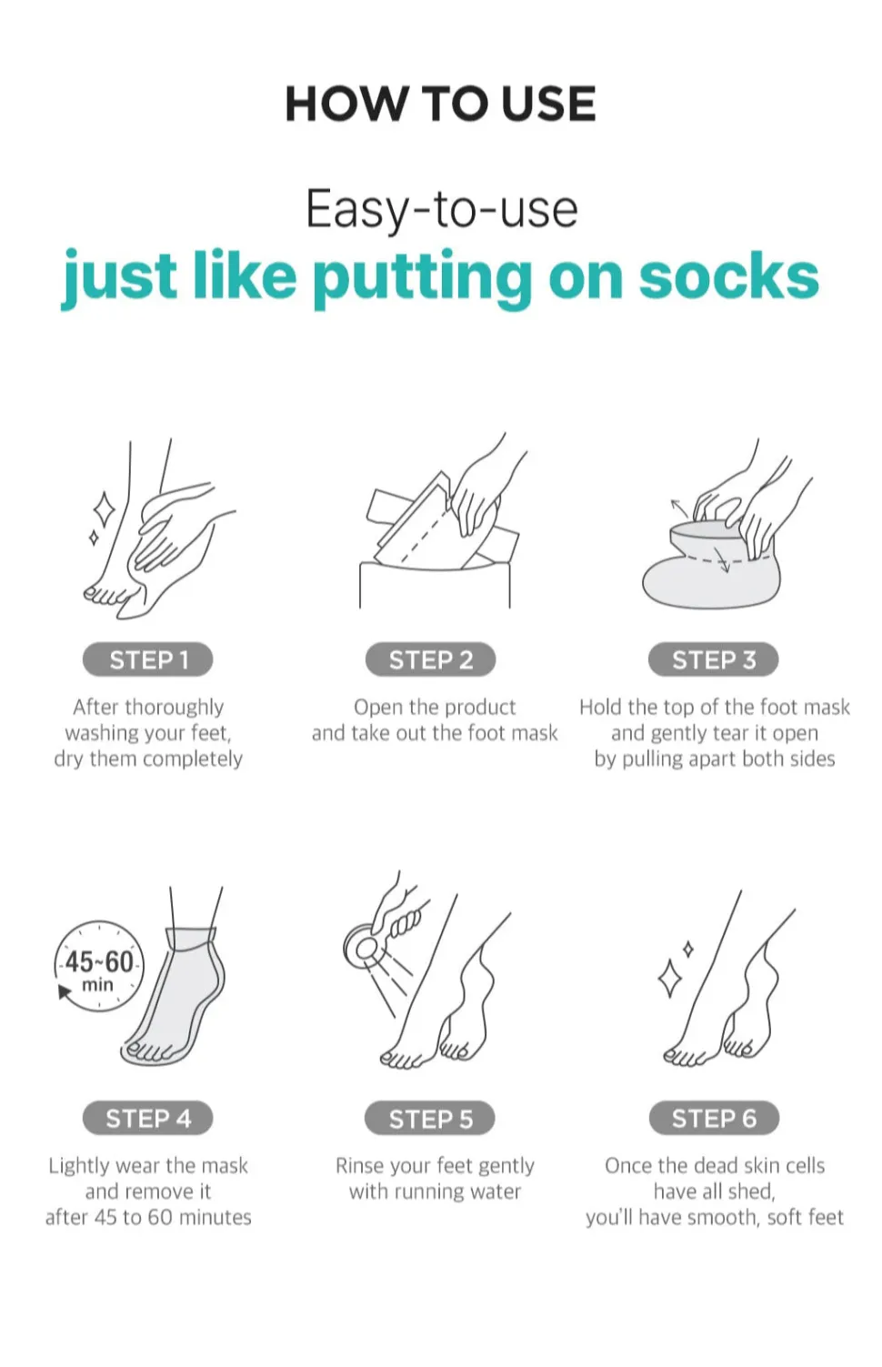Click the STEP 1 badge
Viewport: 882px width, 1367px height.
[x=147, y=659]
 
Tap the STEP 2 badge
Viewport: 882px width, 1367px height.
[x=431, y=659]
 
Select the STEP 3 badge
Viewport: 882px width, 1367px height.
[x=714, y=659]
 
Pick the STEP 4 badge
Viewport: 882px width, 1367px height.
[x=147, y=1118]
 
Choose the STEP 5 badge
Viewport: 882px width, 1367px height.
[x=431, y=1118]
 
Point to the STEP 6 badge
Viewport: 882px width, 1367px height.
[x=714, y=1118]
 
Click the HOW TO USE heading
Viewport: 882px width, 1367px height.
[x=440, y=104]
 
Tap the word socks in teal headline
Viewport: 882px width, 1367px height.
[x=729, y=277]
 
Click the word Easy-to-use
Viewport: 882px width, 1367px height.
[x=442, y=210]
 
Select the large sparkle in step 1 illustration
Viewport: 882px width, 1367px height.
[x=104, y=509]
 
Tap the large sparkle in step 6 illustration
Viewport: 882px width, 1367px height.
[x=669, y=979]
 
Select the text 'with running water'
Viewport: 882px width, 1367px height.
[x=435, y=1191]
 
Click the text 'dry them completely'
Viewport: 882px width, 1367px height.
[x=148, y=759]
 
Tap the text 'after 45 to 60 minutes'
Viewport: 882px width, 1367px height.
[x=148, y=1217]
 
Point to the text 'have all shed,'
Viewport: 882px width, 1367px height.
[x=715, y=1191]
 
